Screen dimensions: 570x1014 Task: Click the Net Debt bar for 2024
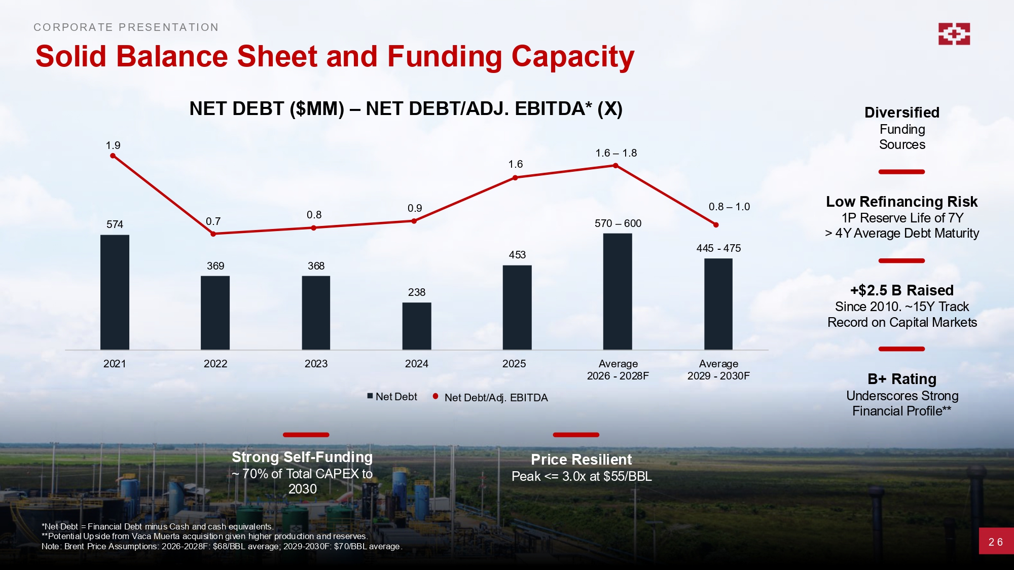click(417, 326)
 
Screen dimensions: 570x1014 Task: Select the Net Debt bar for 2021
click(115, 292)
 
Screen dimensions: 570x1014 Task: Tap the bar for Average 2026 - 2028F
click(618, 292)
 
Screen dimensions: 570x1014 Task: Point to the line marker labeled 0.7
click(213, 234)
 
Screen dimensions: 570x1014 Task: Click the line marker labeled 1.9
click(113, 156)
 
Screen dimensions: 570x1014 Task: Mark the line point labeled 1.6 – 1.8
click(616, 166)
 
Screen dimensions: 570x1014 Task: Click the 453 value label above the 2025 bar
click(517, 255)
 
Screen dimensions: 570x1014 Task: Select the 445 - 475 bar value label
click(718, 248)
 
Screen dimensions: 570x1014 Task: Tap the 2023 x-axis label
click(316, 364)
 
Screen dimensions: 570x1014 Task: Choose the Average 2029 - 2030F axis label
click(718, 370)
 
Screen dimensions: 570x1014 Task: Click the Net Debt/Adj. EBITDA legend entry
click(495, 398)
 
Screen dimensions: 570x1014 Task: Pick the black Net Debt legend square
click(370, 396)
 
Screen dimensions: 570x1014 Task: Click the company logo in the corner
click(954, 34)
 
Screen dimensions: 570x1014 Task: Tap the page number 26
click(996, 542)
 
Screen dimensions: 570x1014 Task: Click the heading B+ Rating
click(902, 379)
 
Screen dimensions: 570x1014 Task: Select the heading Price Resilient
click(581, 460)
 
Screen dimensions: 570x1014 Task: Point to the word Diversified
click(902, 112)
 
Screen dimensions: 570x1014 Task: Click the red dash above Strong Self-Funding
click(306, 435)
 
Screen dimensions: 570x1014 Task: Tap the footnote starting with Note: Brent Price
click(222, 546)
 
